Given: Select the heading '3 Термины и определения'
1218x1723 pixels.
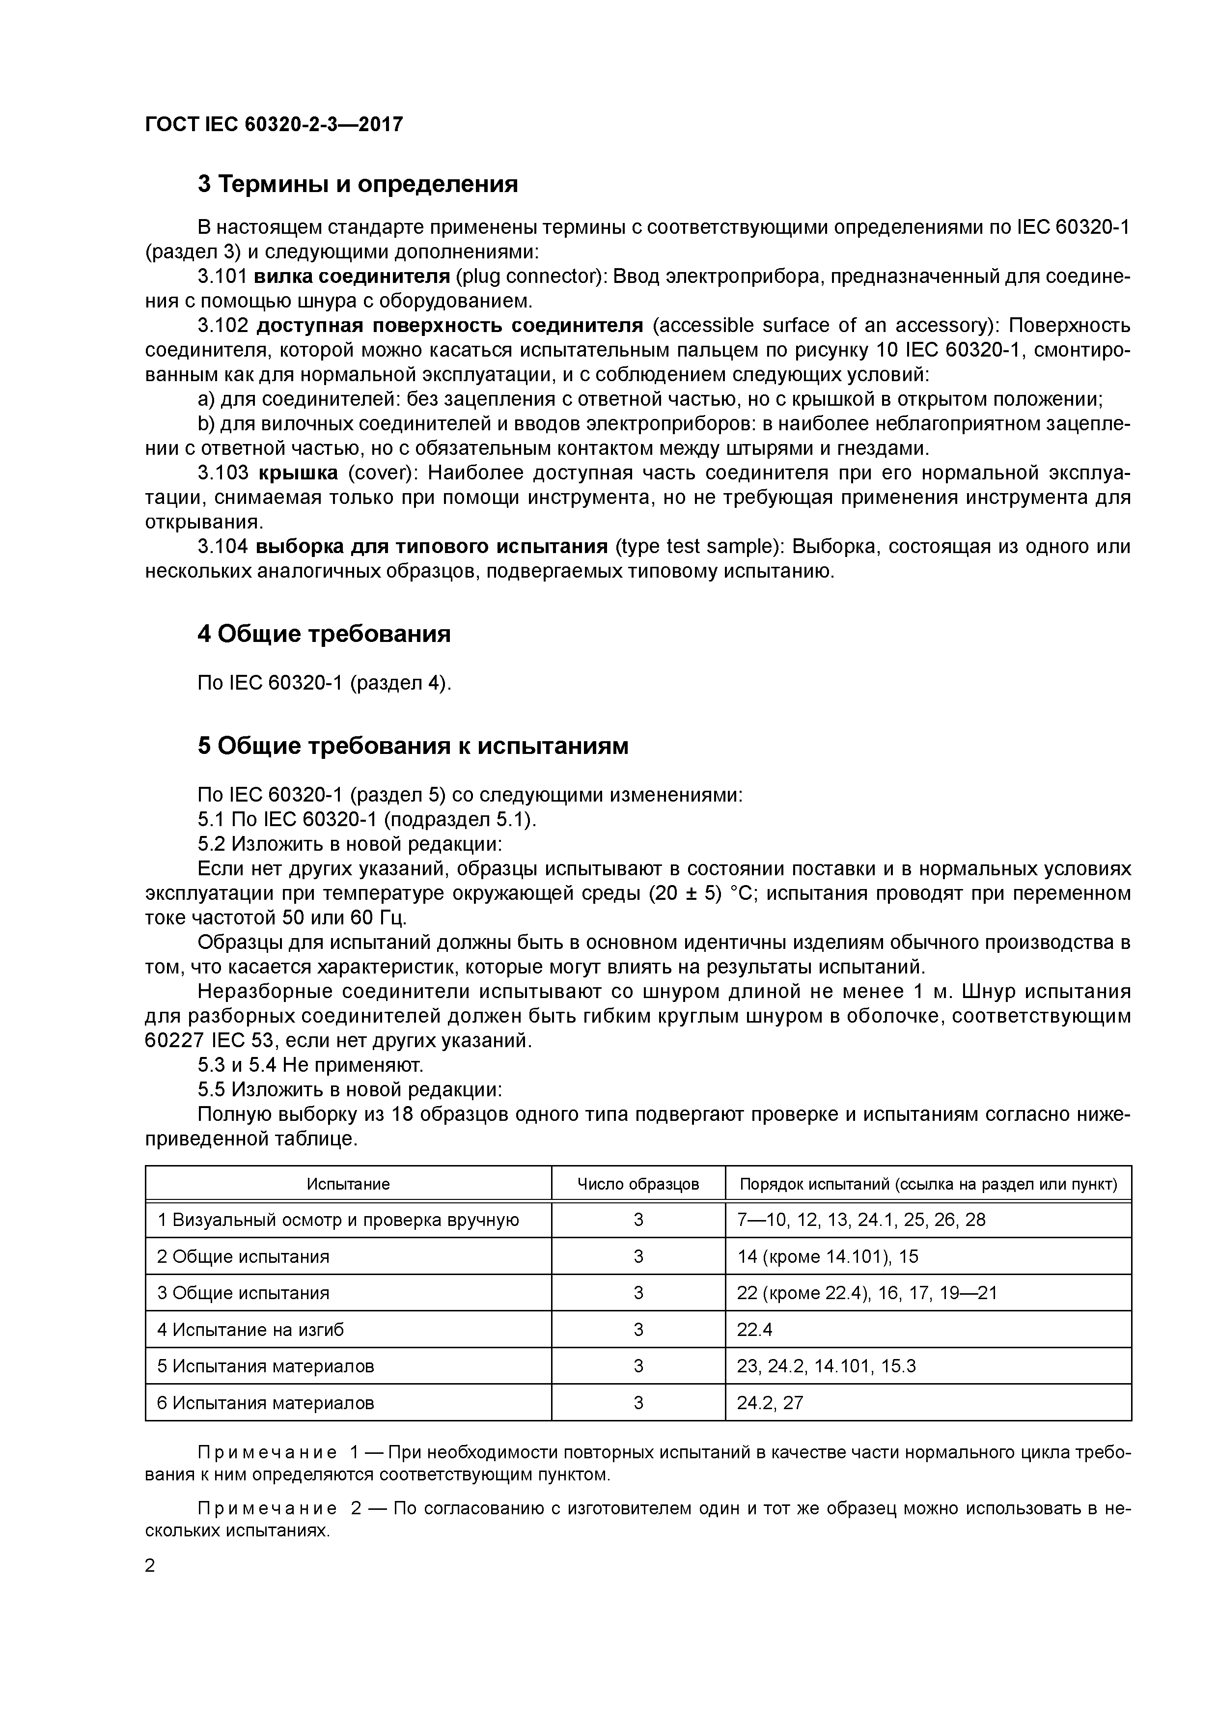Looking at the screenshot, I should click(x=358, y=184).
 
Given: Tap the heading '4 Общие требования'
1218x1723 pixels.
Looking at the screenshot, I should click(x=324, y=634).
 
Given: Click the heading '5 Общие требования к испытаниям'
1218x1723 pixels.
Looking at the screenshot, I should click(x=413, y=746).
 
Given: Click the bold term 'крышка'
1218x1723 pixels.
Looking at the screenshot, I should click(x=298, y=473).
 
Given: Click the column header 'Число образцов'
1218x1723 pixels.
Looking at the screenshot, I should click(x=638, y=1184).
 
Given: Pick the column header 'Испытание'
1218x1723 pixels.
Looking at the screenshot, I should click(x=348, y=1184).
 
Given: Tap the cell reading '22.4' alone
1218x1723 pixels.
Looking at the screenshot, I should click(x=754, y=1330).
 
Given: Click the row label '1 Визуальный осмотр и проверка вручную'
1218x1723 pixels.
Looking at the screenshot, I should click(x=338, y=1220).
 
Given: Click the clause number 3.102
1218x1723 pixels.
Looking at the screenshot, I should click(x=223, y=326).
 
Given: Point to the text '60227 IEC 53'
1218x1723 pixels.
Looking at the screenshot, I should click(x=206, y=1041).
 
